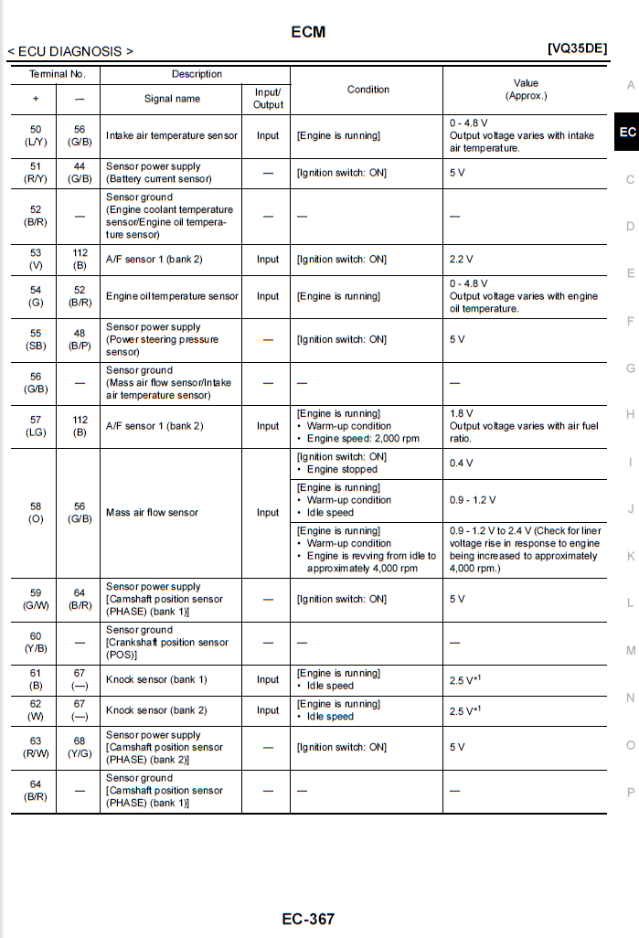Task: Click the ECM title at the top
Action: pyautogui.click(x=308, y=32)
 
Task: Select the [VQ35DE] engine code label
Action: pyautogui.click(x=577, y=48)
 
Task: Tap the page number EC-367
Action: pyautogui.click(x=308, y=919)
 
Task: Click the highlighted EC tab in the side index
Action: pyautogui.click(x=627, y=133)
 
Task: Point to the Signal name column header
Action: pyautogui.click(x=172, y=99)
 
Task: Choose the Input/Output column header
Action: pyautogui.click(x=268, y=99)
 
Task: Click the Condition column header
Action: pyautogui.click(x=368, y=90)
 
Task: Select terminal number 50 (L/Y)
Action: pyautogui.click(x=36, y=135)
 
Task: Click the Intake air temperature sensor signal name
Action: pyautogui.click(x=172, y=135)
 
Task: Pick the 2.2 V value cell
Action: pyautogui.click(x=463, y=260)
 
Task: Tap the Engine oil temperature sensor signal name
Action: pyautogui.click(x=172, y=296)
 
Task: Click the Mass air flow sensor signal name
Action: pyautogui.click(x=152, y=513)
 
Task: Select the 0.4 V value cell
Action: pyautogui.click(x=462, y=463)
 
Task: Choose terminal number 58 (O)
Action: pyautogui.click(x=36, y=513)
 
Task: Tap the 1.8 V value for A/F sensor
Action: pyautogui.click(x=462, y=413)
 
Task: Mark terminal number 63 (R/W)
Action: pyautogui.click(x=36, y=747)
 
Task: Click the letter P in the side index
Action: pyautogui.click(x=630, y=792)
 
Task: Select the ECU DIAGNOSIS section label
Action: pyautogui.click(x=70, y=51)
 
